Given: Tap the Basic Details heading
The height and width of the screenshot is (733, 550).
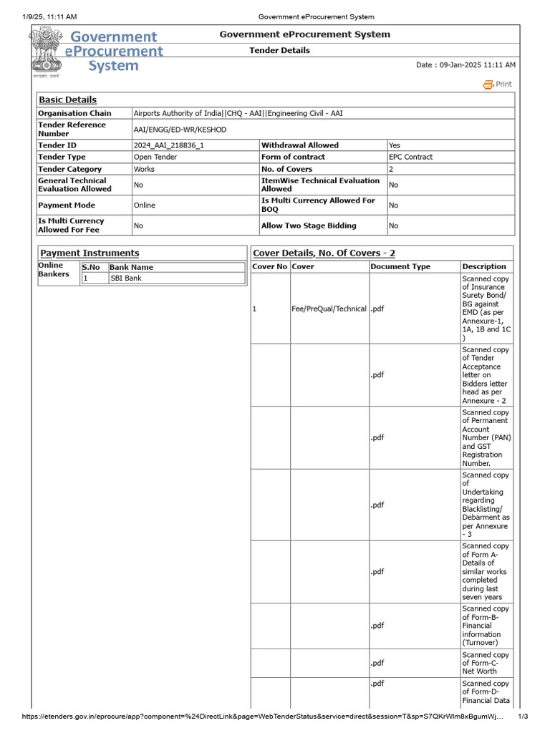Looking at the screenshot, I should coord(67,100).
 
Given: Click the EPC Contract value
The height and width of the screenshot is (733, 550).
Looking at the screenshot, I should coord(410,157).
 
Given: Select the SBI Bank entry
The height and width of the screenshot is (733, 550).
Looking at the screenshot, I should coord(125,278).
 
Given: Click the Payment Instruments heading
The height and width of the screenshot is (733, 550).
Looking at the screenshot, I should coord(90,253).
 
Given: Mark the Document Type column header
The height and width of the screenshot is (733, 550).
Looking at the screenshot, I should coord(400,267).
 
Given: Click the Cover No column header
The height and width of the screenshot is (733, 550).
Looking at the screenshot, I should coord(269,267).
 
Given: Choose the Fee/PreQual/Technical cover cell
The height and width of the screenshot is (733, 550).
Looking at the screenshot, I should coord(329,309).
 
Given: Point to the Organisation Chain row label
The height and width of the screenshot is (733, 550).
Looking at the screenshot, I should coord(74,113).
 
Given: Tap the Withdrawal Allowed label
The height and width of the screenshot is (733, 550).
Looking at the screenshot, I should coord(299,145).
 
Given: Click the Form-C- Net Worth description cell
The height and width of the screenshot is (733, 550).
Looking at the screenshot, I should coord(486,663).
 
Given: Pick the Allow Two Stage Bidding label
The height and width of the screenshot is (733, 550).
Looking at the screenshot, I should coord(308,225).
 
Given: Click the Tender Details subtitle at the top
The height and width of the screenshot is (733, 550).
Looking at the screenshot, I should coord(279,51).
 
